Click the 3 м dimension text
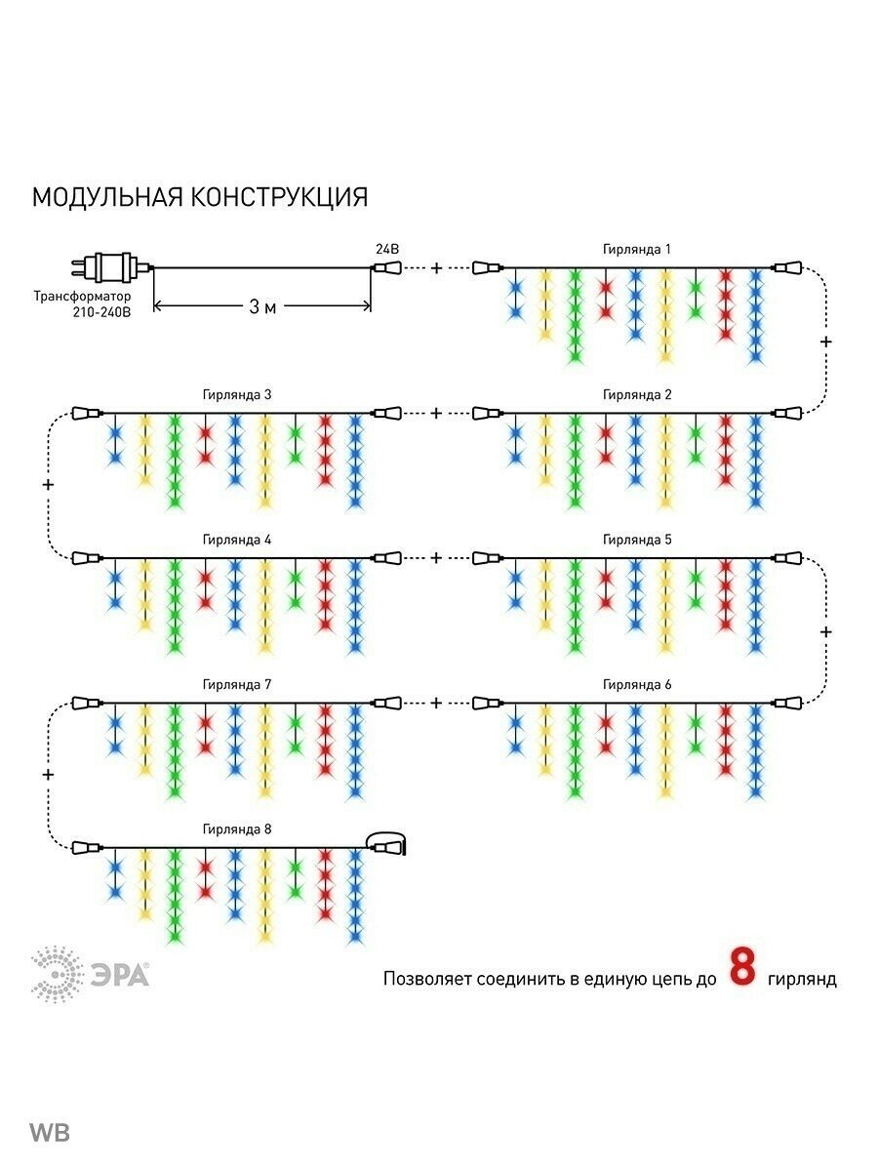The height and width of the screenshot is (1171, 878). pyautogui.click(x=261, y=307)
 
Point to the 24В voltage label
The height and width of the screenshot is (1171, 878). pyautogui.click(x=388, y=249)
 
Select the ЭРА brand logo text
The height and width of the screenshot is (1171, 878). pyautogui.click(x=121, y=974)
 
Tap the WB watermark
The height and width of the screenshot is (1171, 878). pyautogui.click(x=49, y=1133)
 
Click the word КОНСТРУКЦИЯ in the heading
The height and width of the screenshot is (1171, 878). pyautogui.click(x=279, y=197)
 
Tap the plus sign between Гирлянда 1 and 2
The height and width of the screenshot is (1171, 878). pyautogui.click(x=826, y=342)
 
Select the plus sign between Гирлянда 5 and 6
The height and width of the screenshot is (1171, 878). pyautogui.click(x=826, y=631)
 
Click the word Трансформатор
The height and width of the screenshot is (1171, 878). pyautogui.click(x=79, y=295)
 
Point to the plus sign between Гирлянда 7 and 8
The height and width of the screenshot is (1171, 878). pyautogui.click(x=49, y=774)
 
